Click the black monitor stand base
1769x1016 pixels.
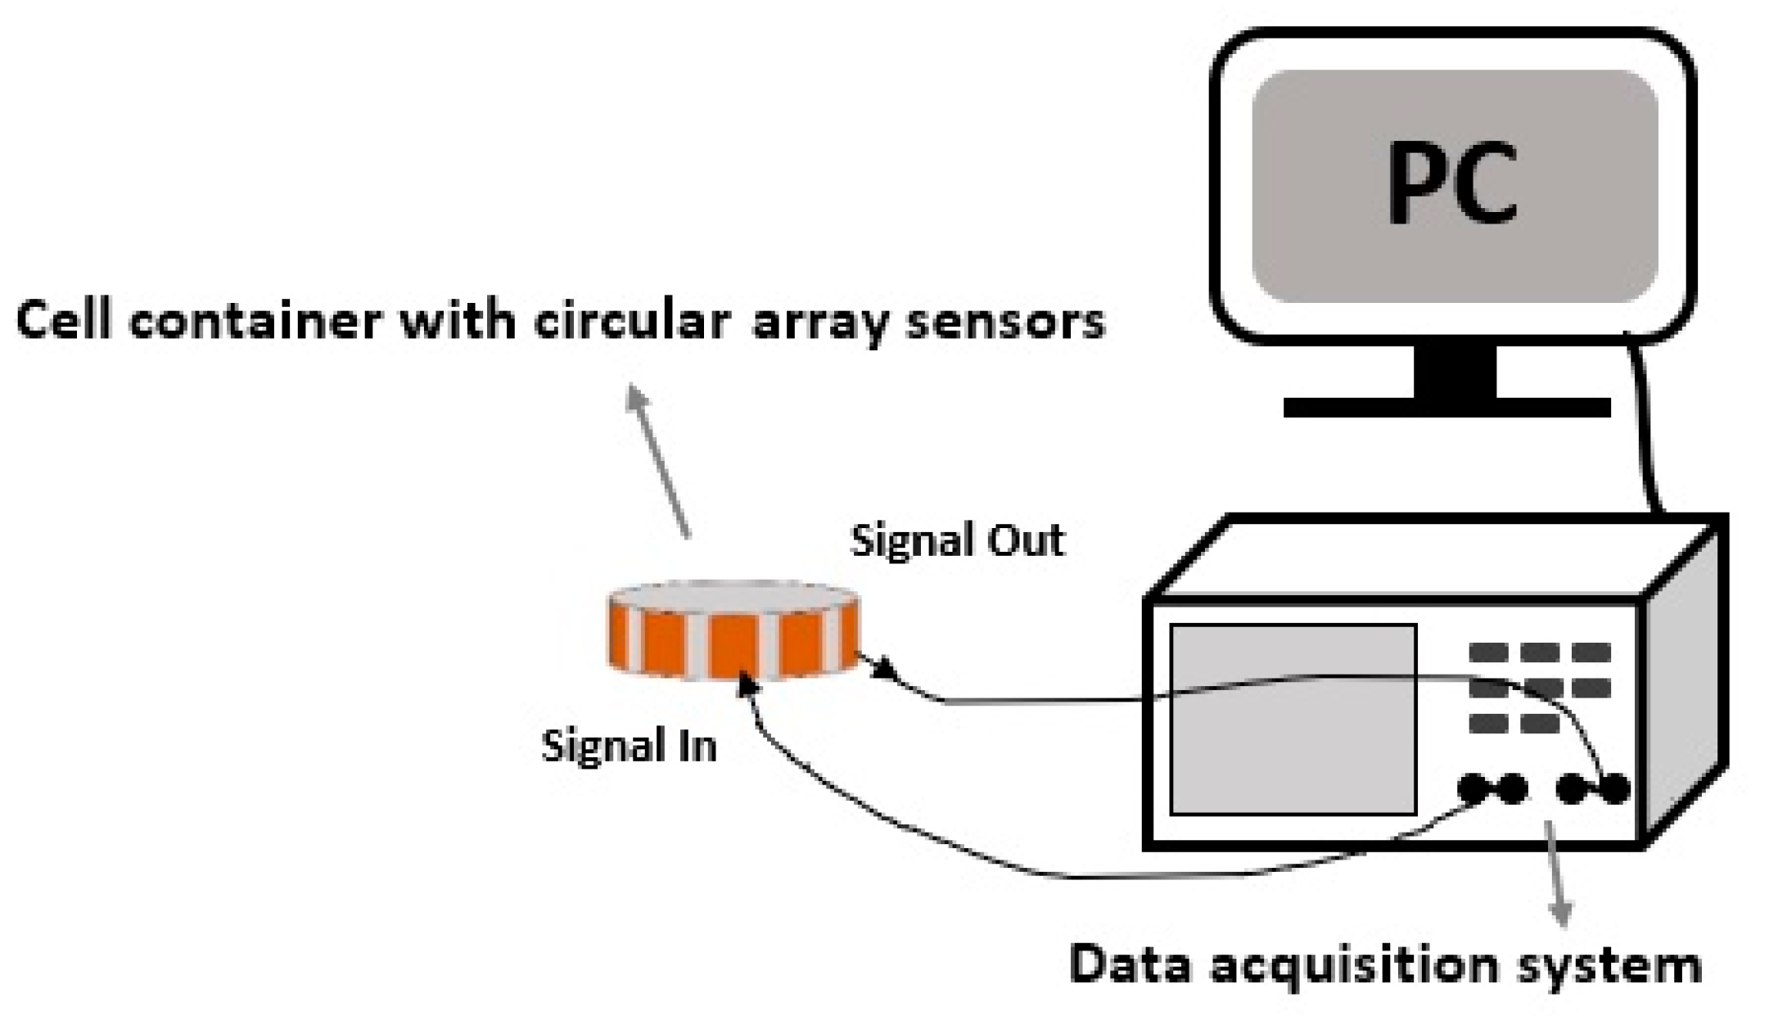(x=1446, y=407)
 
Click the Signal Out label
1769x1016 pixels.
(x=958, y=540)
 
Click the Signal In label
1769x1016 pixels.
(x=629, y=746)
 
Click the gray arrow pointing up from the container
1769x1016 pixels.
(x=659, y=463)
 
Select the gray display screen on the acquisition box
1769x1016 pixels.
(x=1293, y=720)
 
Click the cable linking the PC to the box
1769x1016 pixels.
(x=1645, y=426)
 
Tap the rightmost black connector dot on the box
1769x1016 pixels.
(x=1614, y=788)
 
